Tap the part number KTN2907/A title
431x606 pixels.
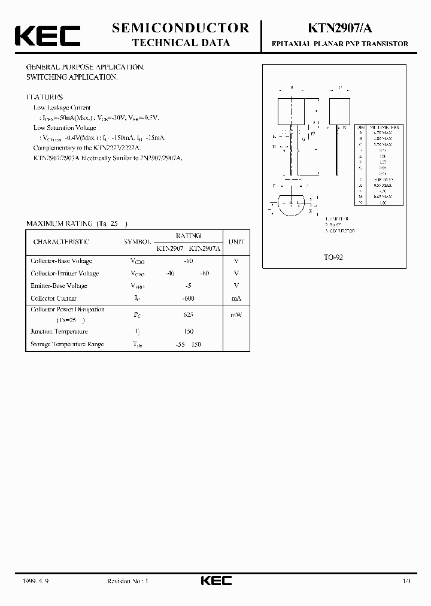(340, 28)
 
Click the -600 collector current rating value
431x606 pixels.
(188, 298)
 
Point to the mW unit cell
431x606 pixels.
(235, 314)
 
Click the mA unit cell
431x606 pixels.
(236, 298)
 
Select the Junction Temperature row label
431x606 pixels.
(59, 332)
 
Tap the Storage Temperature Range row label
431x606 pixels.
(66, 344)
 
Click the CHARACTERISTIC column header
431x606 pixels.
(61, 242)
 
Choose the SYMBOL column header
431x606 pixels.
(138, 242)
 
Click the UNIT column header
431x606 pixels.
(236, 242)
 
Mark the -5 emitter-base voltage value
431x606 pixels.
(188, 286)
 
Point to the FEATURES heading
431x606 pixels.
(44, 97)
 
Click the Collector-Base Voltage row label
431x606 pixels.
(61, 261)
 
